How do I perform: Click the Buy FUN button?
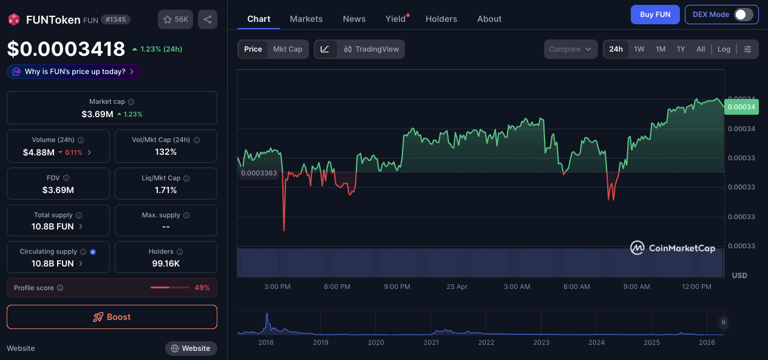coord(655,15)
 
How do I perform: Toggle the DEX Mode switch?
coord(743,15)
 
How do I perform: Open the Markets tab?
coord(306,19)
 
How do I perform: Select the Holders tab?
coord(441,19)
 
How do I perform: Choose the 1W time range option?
coord(639,49)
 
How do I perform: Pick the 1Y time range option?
coord(681,49)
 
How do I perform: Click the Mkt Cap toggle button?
coord(288,49)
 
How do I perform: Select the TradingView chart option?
coord(371,49)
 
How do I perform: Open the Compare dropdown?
coord(571,49)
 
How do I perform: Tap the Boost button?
coord(112,317)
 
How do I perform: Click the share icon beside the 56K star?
coord(208,19)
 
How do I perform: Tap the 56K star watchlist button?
coord(175,19)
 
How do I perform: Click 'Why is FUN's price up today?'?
coord(74,72)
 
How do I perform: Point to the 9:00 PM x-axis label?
coord(397,287)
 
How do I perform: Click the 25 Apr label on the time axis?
coord(457,287)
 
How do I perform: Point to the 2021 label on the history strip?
coord(431,342)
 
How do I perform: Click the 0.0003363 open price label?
coord(259,173)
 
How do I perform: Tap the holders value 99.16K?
coord(166,263)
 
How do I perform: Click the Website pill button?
coord(191,348)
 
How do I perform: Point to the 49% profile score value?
coord(202,288)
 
